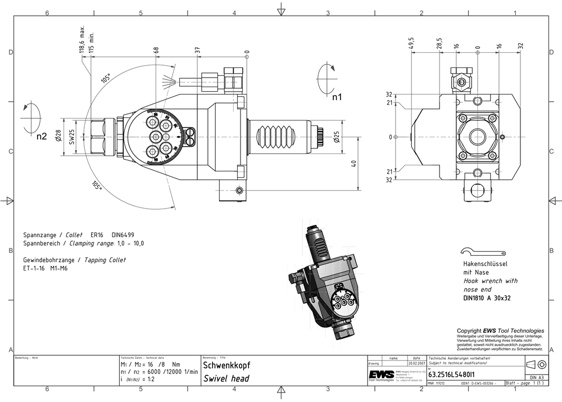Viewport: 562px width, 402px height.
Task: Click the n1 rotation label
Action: pyautogui.click(x=337, y=97)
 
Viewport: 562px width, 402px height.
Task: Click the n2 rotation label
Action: pyautogui.click(x=41, y=136)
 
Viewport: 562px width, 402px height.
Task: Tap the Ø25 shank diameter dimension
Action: pyautogui.click(x=336, y=137)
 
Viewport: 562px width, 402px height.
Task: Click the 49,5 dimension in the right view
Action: pyautogui.click(x=411, y=44)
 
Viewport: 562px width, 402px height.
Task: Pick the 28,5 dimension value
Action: pyautogui.click(x=439, y=44)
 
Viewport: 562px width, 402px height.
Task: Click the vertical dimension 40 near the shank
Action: pyautogui.click(x=353, y=164)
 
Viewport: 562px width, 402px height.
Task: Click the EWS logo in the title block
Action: pyautogui.click(x=380, y=375)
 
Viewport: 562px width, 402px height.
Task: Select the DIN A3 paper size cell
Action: pyautogui.click(x=536, y=377)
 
